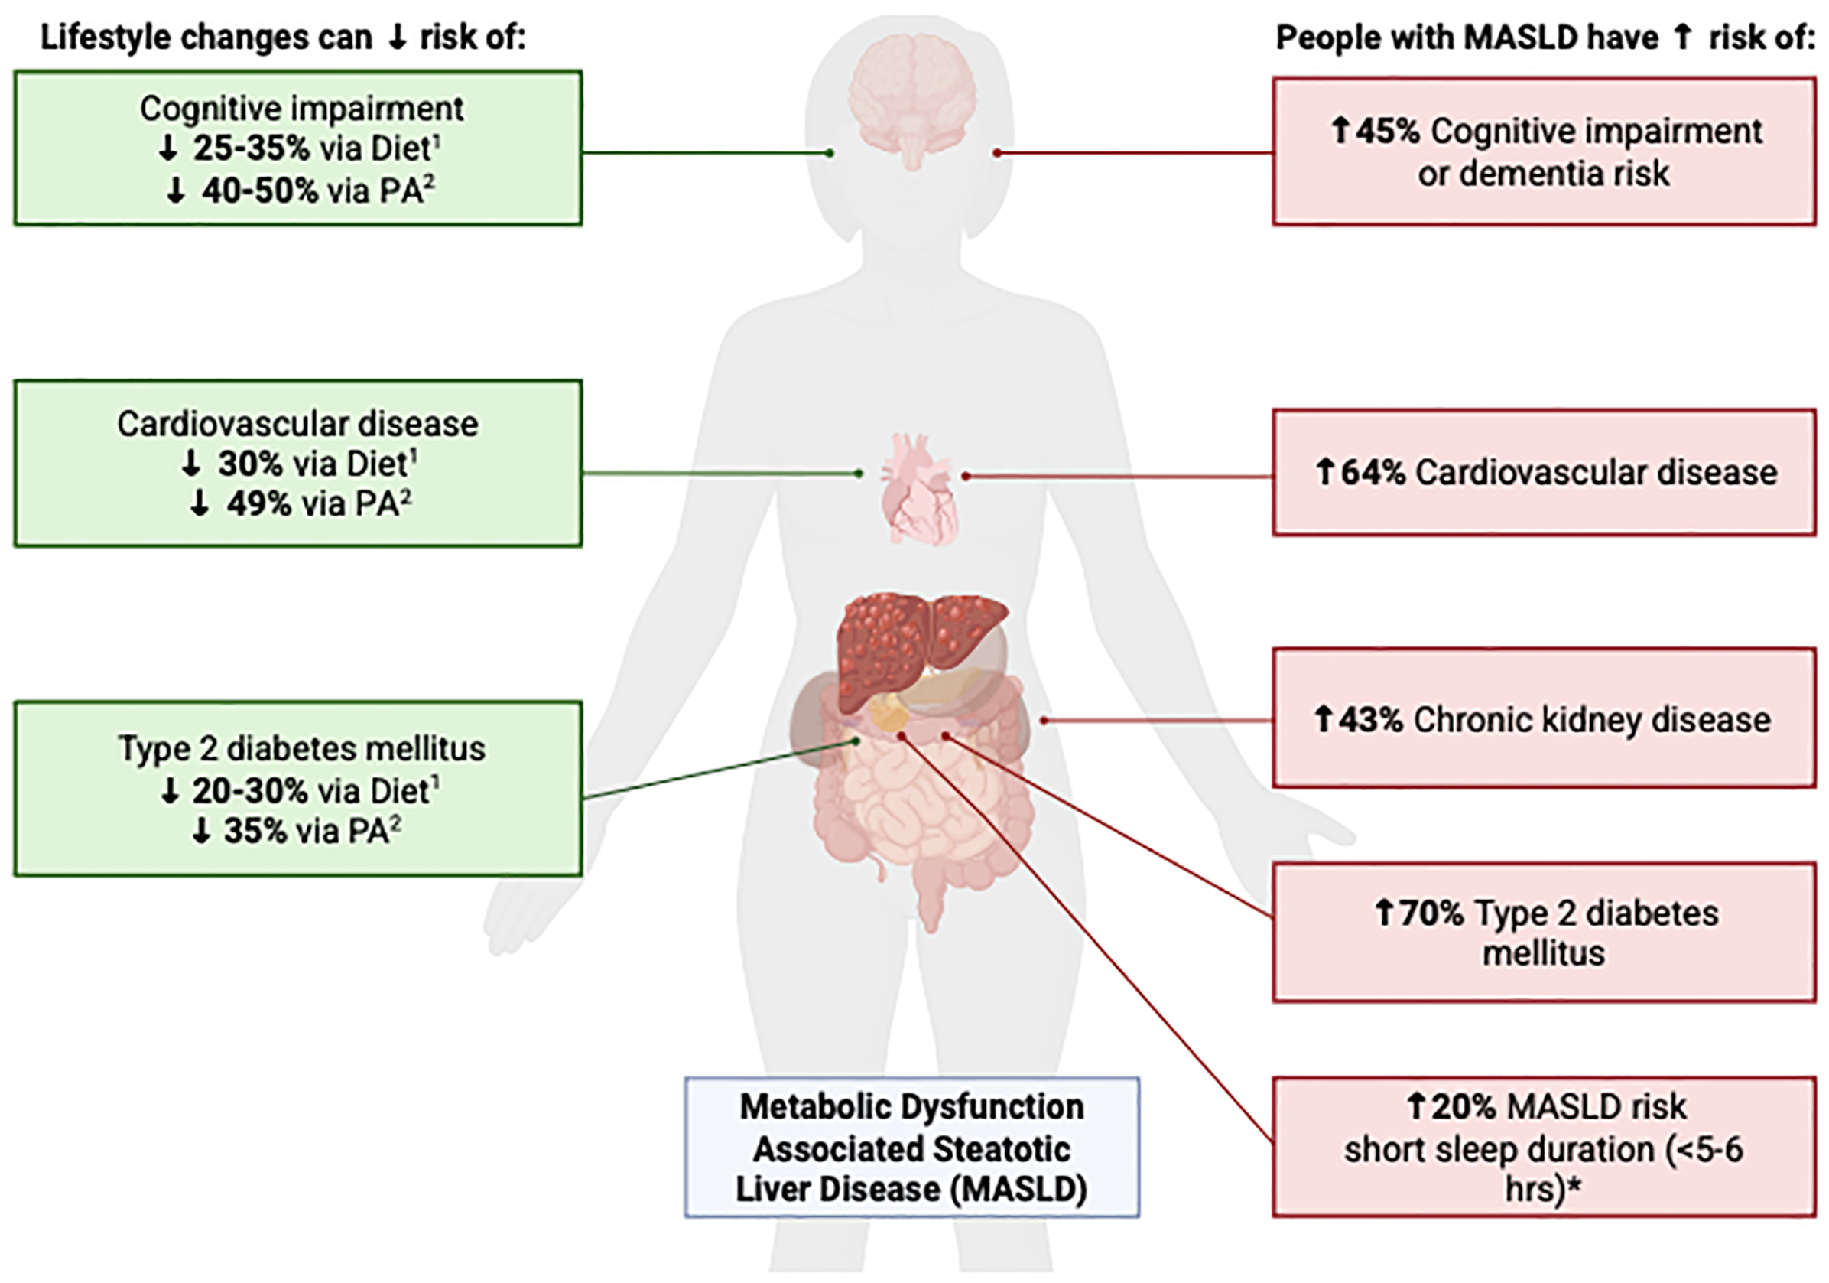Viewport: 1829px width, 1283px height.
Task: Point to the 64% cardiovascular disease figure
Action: point(1373,473)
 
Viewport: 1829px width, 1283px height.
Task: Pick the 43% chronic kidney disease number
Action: point(1370,720)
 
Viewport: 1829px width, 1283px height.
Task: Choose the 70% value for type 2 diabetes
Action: point(1431,913)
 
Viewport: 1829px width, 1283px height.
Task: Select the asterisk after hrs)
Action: point(1574,1185)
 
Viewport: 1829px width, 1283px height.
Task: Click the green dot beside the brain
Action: point(830,152)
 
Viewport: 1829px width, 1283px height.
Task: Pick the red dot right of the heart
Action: point(966,477)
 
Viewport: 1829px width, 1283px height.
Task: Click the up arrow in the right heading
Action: point(1682,37)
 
